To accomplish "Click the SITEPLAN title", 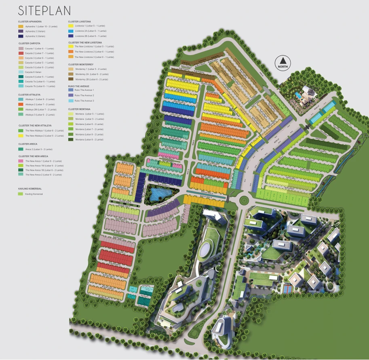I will point(44,11).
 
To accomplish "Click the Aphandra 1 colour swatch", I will point(21,26).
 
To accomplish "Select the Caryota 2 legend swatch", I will point(21,53).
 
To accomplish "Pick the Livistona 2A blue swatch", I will point(71,31).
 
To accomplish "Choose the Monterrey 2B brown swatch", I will point(71,79).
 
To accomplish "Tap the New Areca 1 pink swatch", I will point(21,161).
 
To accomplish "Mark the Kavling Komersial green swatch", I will point(21,194).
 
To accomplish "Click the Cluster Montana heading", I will point(79,109).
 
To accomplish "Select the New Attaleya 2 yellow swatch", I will point(21,135).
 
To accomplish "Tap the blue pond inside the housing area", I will point(160,194).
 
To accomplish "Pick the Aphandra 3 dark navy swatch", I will point(21,36).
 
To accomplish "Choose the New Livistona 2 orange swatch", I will point(71,52).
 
